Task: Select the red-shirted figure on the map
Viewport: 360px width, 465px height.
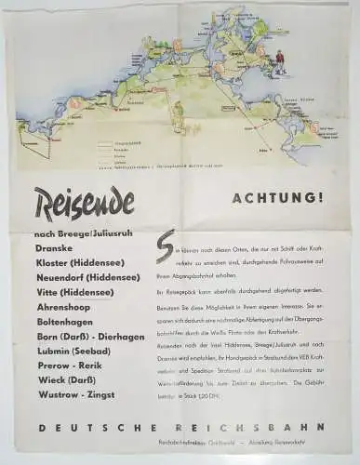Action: (280, 63)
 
